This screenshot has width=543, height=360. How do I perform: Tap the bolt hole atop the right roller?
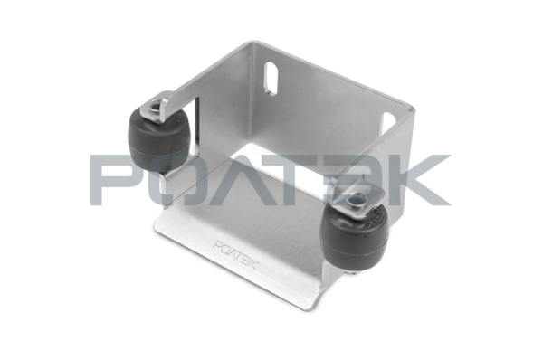pyautogui.click(x=357, y=200)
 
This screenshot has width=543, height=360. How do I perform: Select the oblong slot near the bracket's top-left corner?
pyautogui.click(x=271, y=78)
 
